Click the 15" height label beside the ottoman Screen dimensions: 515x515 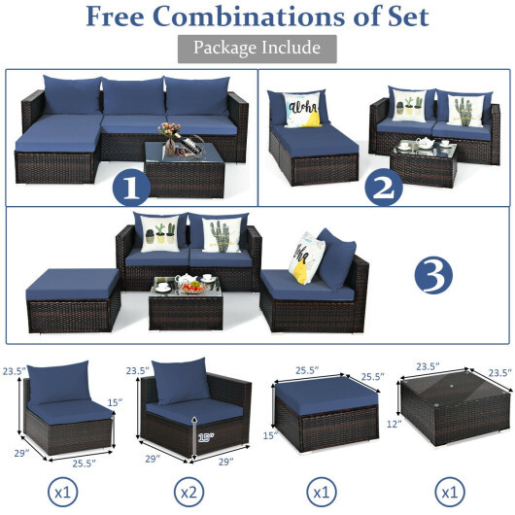pyautogui.click(x=269, y=434)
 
